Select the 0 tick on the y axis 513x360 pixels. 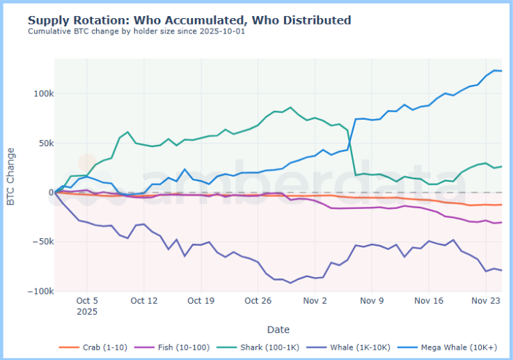click(x=48, y=192)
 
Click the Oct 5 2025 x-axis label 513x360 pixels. click(x=86, y=306)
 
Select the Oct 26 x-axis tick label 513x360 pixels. click(x=258, y=302)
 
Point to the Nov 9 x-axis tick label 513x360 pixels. click(x=372, y=302)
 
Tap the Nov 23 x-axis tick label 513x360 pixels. click(x=487, y=302)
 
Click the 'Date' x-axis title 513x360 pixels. click(x=278, y=329)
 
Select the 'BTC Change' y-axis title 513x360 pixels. click(x=11, y=176)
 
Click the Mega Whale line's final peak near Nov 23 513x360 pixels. click(x=495, y=70)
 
